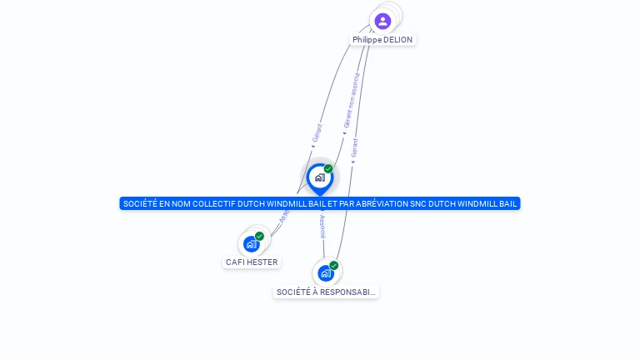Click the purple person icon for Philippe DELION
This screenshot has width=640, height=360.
382,21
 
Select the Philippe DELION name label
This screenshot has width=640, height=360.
382,40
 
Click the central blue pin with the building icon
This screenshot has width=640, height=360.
320,177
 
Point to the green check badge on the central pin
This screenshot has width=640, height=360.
328,169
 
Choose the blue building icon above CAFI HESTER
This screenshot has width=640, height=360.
251,244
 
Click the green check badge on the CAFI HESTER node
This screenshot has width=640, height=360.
259,237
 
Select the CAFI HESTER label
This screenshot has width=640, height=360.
252,262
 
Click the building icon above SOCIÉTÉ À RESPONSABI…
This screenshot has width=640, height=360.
325,273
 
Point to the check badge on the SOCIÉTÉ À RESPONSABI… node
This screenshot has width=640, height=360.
333,266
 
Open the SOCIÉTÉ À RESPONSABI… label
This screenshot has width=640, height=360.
326,292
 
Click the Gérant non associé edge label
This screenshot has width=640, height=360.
351,102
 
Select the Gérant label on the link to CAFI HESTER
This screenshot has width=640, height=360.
317,133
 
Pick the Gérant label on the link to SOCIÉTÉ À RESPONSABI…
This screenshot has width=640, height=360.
355,148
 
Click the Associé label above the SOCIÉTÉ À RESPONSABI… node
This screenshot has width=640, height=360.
322,227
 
